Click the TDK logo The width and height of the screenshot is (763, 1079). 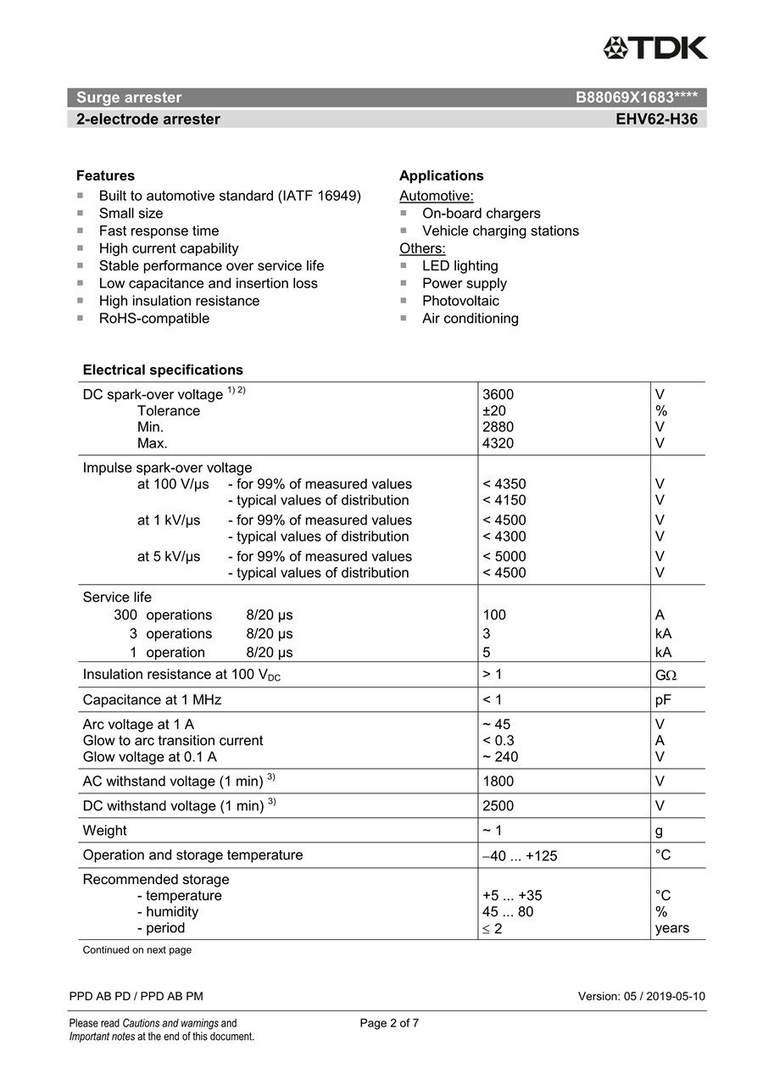tap(655, 48)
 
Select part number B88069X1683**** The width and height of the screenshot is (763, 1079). tap(636, 97)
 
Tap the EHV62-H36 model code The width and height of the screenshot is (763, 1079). tap(656, 120)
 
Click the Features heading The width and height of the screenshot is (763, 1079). tap(105, 175)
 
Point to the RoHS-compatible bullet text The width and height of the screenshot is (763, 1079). tap(153, 319)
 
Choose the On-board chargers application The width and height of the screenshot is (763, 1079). tap(481, 214)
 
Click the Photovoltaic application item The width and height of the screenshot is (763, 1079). tap(460, 301)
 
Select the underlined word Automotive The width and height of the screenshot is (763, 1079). tap(436, 196)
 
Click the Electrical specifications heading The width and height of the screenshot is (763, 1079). tap(163, 370)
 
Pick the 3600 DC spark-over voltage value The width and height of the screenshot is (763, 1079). tap(498, 394)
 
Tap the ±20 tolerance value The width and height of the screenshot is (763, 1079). tap(494, 411)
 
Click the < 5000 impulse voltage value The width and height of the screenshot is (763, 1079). tap(504, 557)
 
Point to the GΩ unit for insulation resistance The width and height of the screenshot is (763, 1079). tap(666, 675)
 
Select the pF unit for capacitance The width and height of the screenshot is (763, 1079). tap(663, 700)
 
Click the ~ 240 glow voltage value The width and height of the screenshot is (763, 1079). tap(500, 757)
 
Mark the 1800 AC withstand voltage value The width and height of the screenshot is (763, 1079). tap(498, 781)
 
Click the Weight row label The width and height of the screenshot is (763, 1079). tap(104, 831)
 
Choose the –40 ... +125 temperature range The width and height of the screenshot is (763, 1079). tap(520, 856)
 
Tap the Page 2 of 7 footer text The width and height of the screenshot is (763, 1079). tap(389, 1023)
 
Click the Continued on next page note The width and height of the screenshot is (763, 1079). tap(136, 950)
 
